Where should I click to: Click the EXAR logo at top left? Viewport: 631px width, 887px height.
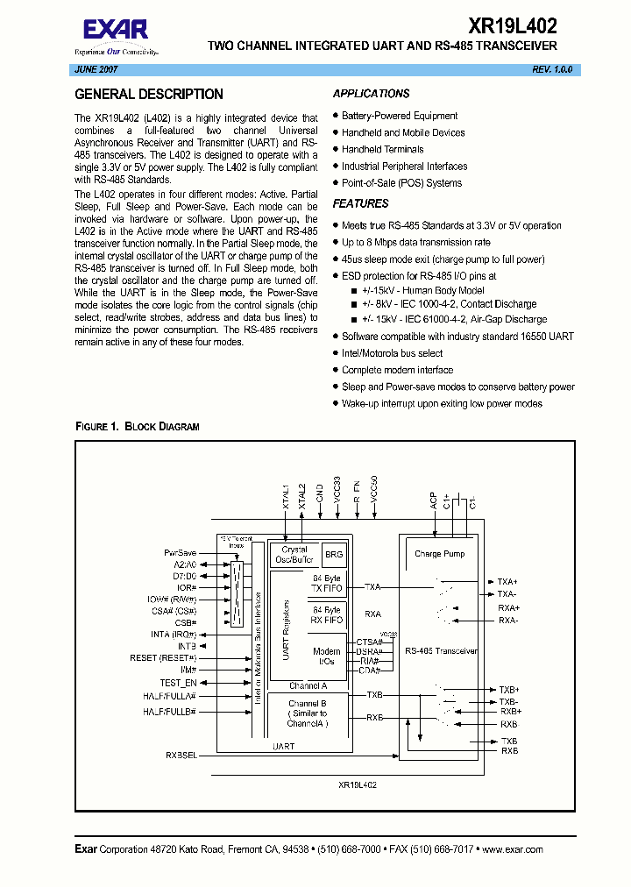click(116, 32)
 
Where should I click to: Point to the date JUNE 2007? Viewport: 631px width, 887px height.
click(96, 69)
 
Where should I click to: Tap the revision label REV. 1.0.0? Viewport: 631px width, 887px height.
click(551, 69)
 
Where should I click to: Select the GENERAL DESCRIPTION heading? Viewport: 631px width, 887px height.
click(149, 95)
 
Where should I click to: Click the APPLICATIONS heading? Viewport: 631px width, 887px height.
click(372, 94)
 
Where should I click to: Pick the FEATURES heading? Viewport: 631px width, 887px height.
click(361, 203)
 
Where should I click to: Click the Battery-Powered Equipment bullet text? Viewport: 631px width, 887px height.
click(400, 116)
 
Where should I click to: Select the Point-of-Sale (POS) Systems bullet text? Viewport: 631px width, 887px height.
click(401, 183)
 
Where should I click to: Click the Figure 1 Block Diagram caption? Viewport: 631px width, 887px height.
click(138, 427)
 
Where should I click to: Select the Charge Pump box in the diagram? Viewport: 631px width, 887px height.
click(439, 554)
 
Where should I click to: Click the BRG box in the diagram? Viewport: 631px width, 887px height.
click(334, 554)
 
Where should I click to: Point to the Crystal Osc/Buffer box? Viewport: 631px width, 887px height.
click(294, 554)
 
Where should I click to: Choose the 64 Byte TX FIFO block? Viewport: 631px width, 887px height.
click(326, 584)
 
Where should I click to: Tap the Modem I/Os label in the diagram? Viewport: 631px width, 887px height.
click(326, 656)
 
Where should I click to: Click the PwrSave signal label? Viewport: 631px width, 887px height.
click(181, 553)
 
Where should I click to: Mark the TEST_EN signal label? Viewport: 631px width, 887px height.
click(178, 683)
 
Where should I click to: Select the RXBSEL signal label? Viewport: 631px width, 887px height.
click(181, 754)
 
